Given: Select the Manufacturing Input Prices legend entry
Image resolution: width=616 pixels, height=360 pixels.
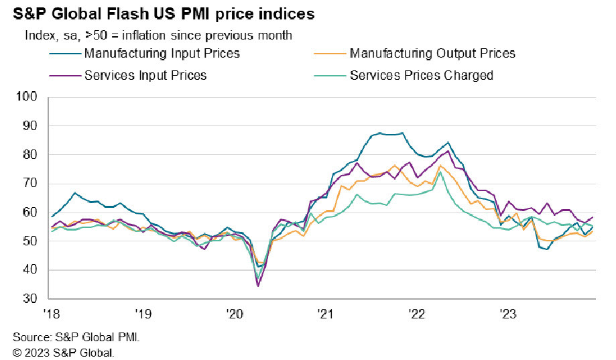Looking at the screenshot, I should coord(162,52).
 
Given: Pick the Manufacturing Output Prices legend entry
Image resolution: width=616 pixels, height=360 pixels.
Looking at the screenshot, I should coord(432,52).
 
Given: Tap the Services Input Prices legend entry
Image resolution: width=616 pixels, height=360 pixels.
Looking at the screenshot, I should coord(145,75).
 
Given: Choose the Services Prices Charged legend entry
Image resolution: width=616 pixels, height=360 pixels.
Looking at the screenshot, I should coord(421,75).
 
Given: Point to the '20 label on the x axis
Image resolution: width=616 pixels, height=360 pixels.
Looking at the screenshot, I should coord(235,313).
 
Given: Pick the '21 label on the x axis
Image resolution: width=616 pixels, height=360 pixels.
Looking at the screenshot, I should coord(326,313).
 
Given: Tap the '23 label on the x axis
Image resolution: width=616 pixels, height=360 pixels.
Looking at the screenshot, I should coord(509,313).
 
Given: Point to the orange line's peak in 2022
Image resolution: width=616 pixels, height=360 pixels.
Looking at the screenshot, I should coord(440,166).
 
